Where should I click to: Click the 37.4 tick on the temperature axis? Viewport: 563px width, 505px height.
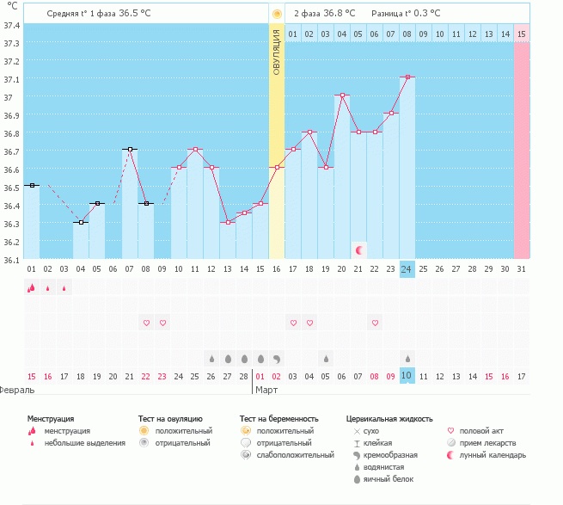point(11,25)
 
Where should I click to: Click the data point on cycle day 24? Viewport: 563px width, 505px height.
point(407,77)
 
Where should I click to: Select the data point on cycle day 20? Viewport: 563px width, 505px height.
point(342,95)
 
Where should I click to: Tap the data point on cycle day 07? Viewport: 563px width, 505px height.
point(130,149)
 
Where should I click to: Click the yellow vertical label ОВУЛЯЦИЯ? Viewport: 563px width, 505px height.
point(277,52)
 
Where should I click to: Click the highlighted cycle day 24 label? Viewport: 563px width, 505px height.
point(407,269)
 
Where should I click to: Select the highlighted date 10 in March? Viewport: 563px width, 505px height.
point(407,376)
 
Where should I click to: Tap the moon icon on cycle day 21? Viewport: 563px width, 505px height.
point(359,249)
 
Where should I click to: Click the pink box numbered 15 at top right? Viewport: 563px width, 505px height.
point(522,34)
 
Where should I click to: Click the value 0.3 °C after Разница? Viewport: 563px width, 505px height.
point(425,14)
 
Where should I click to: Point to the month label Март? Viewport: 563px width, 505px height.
point(266,390)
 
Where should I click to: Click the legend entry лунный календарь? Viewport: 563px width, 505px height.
point(493,455)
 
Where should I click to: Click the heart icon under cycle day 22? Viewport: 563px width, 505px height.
point(375,323)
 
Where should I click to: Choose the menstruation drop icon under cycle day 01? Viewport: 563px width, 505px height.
point(31,289)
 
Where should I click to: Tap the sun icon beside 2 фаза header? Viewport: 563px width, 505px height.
point(277,14)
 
